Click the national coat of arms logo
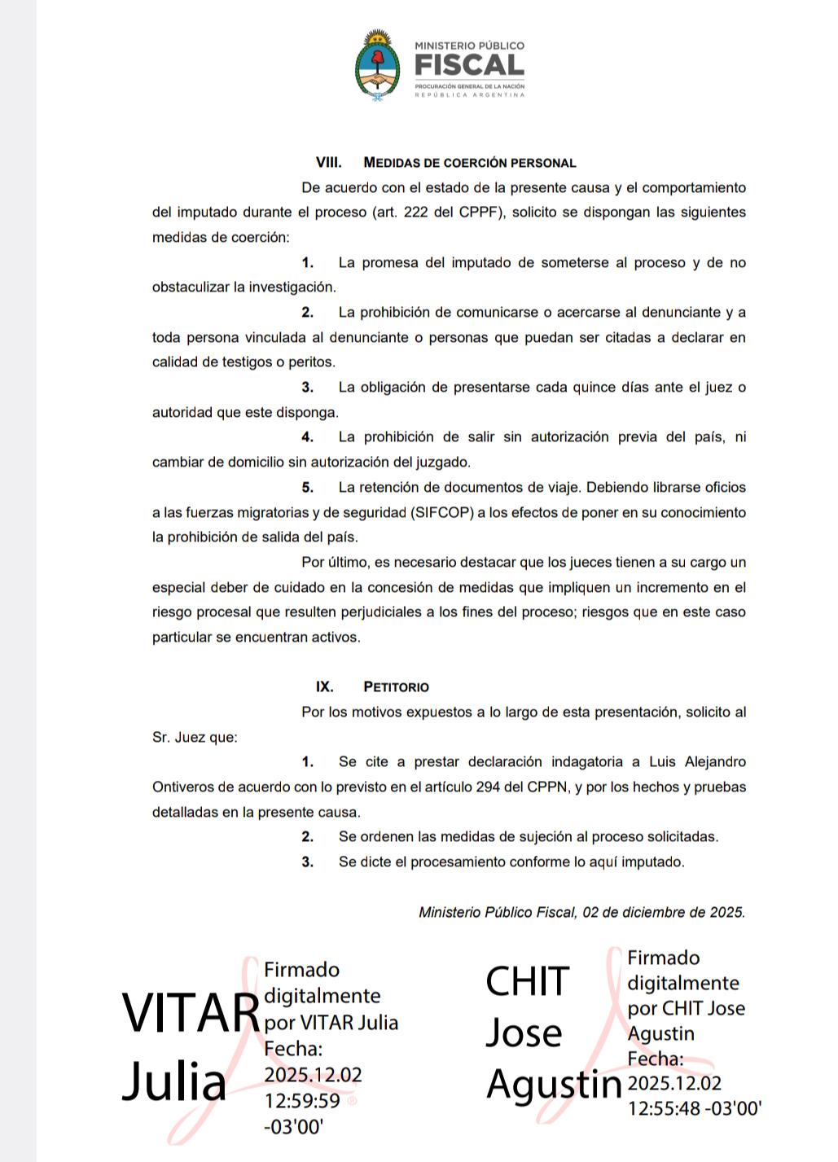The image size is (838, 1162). [376, 64]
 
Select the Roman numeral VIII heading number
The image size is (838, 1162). [328, 163]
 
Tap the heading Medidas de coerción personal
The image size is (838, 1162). [470, 163]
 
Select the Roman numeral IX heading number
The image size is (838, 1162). [324, 687]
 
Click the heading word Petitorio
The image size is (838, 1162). [396, 687]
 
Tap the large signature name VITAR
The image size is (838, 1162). [190, 1014]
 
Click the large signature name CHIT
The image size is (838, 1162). [527, 981]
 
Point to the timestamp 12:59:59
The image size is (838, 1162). [302, 1101]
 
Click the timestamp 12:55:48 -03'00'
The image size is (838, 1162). [695, 1108]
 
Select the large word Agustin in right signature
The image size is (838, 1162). [554, 1083]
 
